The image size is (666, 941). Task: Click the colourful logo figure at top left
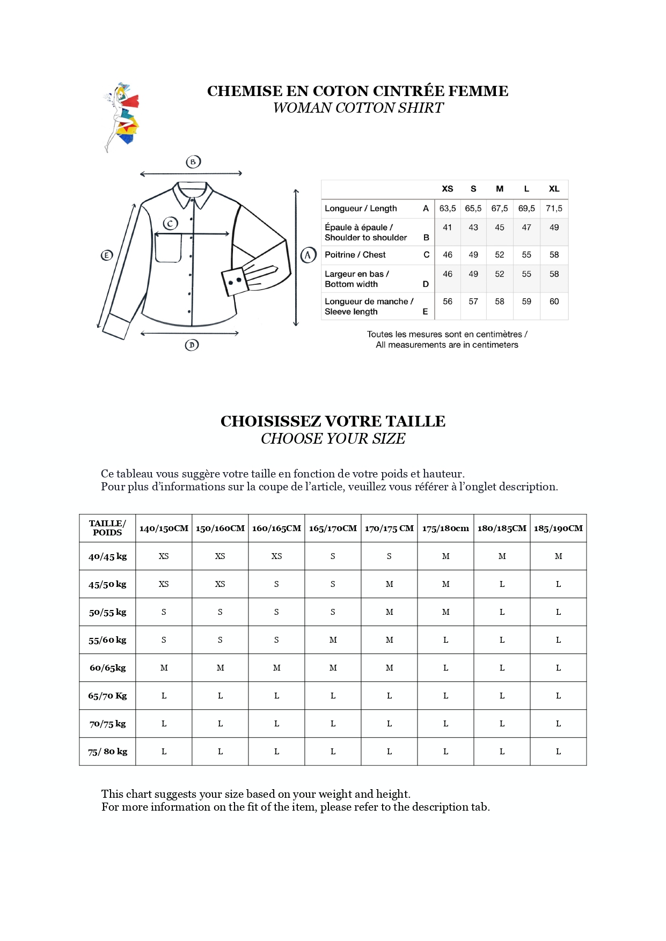click(x=121, y=117)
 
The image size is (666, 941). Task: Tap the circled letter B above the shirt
click(x=193, y=161)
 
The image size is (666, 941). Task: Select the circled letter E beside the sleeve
click(x=107, y=255)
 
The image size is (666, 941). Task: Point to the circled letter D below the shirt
click(x=192, y=345)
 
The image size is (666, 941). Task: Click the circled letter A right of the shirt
click(x=308, y=255)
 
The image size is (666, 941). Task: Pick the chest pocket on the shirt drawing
click(x=168, y=248)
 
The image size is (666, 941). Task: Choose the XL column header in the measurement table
click(x=554, y=189)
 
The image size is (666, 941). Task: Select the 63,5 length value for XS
click(x=448, y=208)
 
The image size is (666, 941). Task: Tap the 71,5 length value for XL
click(x=554, y=208)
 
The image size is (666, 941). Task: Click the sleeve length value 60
click(x=554, y=302)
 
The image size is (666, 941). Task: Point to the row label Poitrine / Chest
click(x=355, y=255)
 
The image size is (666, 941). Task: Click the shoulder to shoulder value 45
click(x=499, y=227)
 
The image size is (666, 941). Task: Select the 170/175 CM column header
click(x=389, y=528)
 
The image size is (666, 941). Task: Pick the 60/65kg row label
click(x=107, y=668)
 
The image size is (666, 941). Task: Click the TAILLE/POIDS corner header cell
click(x=107, y=528)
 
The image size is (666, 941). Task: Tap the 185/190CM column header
click(x=558, y=528)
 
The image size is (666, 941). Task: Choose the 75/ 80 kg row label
click(x=107, y=752)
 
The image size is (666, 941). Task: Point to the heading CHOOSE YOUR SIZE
click(x=333, y=439)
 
